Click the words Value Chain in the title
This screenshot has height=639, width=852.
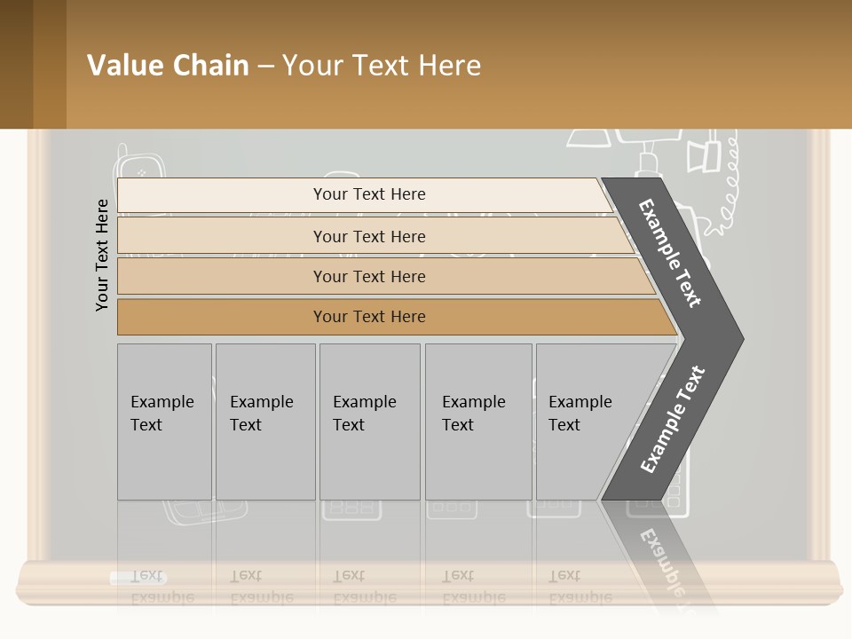168,66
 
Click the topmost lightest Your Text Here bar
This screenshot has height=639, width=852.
368,194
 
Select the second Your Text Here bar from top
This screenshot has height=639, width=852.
368,236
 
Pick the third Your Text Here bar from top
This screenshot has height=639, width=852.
368,276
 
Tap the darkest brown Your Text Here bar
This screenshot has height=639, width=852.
368,317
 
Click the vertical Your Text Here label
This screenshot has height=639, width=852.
102,255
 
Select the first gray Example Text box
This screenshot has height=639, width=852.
164,422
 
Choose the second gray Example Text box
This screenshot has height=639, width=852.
264,422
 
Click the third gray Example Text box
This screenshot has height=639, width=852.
369,422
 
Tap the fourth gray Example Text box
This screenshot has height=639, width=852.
477,422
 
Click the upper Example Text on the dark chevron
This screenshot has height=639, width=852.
671,253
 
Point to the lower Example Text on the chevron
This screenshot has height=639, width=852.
673,419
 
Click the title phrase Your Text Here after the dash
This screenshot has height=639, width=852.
382,66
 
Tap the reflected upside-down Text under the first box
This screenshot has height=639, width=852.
146,576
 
